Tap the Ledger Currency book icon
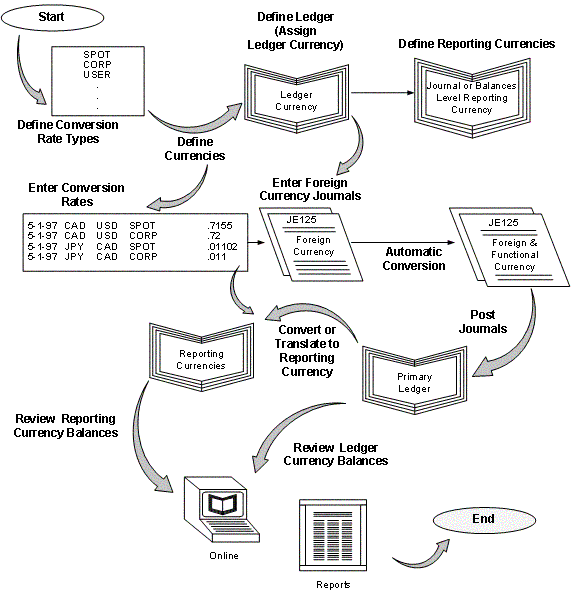pyautogui.click(x=295, y=101)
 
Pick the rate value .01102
pyautogui.click(x=223, y=246)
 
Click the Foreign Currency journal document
pyautogui.click(x=312, y=245)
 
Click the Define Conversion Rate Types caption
pyautogui.click(x=67, y=131)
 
